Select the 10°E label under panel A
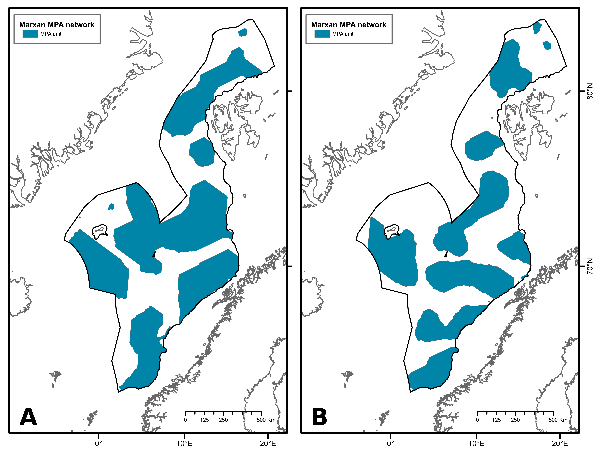tap(184, 444)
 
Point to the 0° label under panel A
tap(98, 444)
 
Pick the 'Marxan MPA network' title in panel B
tap(349, 25)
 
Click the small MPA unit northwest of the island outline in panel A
tap(111, 207)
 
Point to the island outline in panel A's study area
tap(99, 231)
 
